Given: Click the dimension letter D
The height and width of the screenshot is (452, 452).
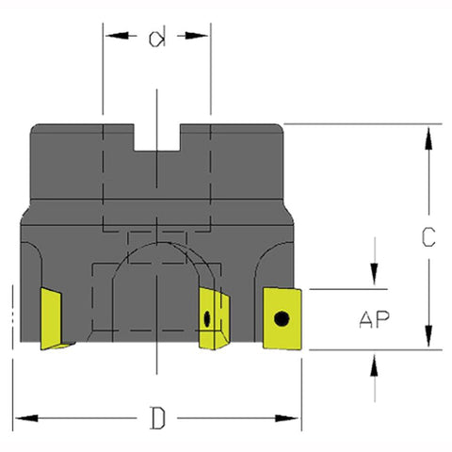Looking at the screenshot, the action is pyautogui.click(x=157, y=418).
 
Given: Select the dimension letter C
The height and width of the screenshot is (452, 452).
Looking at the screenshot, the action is pyautogui.click(x=428, y=236).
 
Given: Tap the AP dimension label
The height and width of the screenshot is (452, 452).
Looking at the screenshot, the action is pyautogui.click(x=374, y=319).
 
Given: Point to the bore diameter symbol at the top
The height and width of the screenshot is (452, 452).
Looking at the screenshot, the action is pyautogui.click(x=156, y=39).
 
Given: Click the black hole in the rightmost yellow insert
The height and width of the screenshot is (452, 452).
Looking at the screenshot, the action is pyautogui.click(x=282, y=319).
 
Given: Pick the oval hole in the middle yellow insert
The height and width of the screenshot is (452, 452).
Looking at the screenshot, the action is pyautogui.click(x=207, y=318).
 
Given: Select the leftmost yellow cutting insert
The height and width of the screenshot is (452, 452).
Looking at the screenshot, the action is pyautogui.click(x=55, y=318).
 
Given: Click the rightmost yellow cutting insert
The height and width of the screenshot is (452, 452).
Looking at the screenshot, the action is pyautogui.click(x=282, y=318).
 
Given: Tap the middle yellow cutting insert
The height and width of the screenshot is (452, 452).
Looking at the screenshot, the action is pyautogui.click(x=214, y=318).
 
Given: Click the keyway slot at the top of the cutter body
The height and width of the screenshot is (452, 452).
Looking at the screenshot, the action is pyautogui.click(x=157, y=137).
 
